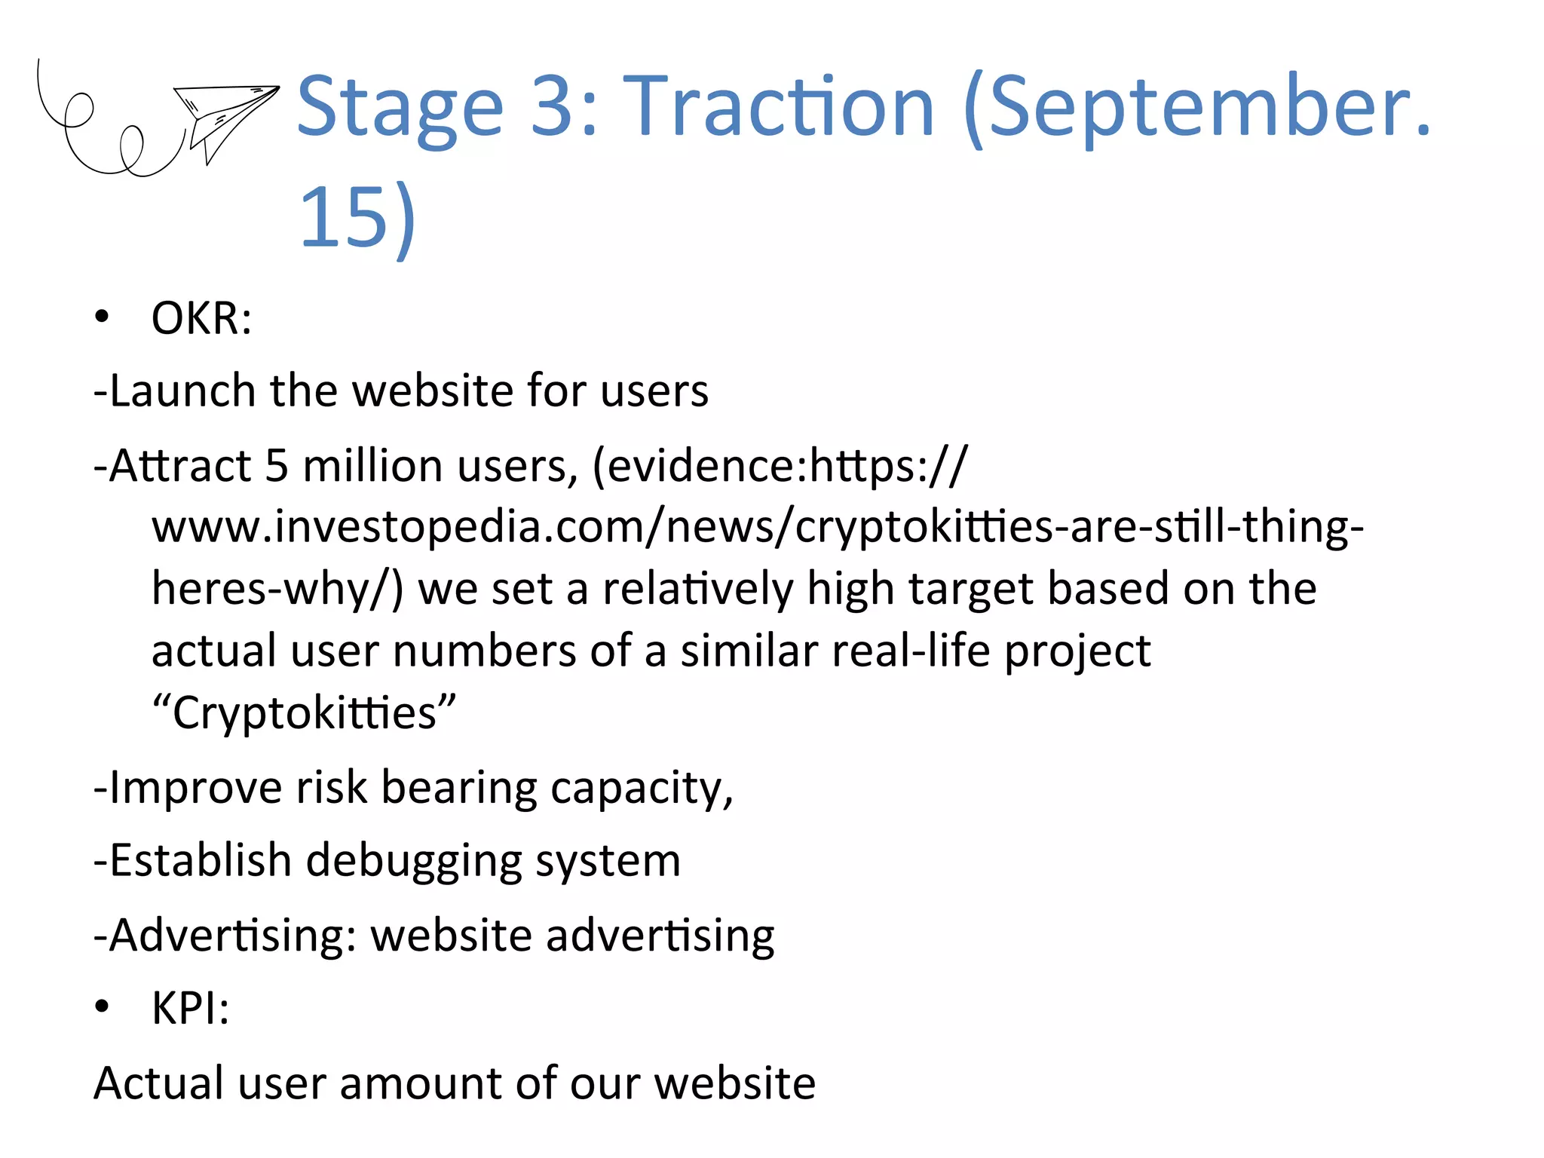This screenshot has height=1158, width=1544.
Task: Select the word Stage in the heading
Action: [400, 107]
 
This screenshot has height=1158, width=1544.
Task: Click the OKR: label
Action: [201, 319]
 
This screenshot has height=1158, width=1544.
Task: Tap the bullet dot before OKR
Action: [103, 317]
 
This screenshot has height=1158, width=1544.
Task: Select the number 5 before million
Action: [277, 466]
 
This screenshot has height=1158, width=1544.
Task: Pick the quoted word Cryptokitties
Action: [304, 712]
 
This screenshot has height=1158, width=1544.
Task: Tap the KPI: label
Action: [190, 1008]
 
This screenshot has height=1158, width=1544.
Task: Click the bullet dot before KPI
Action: [103, 1006]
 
